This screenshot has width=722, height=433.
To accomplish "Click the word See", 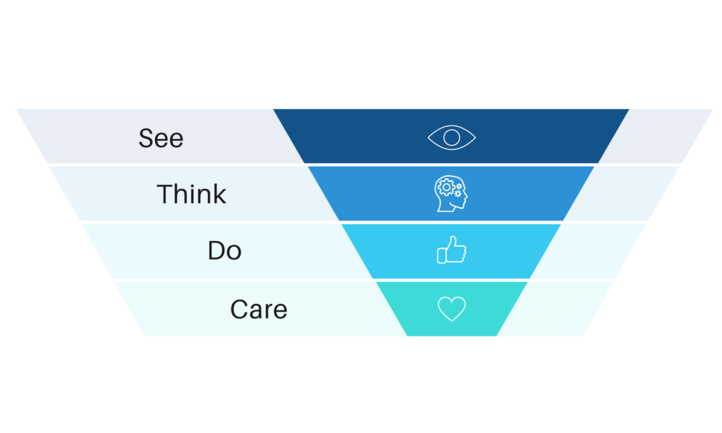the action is (x=161, y=138).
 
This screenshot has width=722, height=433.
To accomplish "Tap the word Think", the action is (x=192, y=194).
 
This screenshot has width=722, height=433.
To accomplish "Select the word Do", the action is (x=225, y=250).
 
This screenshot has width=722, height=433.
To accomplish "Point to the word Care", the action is (x=259, y=309).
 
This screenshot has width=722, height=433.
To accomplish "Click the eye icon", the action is (x=451, y=138).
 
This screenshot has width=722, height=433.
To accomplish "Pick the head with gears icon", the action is (x=451, y=193).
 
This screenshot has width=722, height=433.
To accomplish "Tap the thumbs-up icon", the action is (x=451, y=250).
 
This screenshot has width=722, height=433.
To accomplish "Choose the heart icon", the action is (x=451, y=308).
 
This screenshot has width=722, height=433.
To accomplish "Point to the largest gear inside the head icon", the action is (x=446, y=187).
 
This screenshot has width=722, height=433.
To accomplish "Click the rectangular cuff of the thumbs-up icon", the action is (x=441, y=256).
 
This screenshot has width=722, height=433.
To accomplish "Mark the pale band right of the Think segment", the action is (x=622, y=193).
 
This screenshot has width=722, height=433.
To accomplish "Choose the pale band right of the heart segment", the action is (x=556, y=309).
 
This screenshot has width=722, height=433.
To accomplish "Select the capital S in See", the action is (x=147, y=138).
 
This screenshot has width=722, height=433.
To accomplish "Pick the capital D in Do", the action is (x=216, y=250).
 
